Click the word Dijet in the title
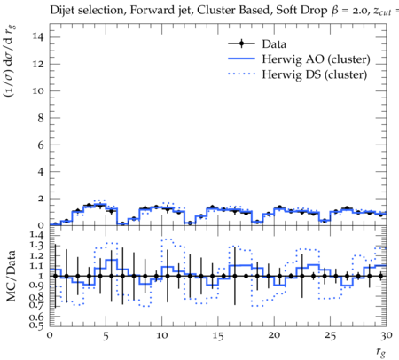pyautogui.click(x=63, y=11)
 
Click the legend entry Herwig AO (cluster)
pyautogui.click(x=316, y=59)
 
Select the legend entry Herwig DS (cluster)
pyautogui.click(x=315, y=74)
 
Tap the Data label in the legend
pyautogui.click(x=274, y=44)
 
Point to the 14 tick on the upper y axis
pyautogui.click(x=38, y=37)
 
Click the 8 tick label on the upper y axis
pyautogui.click(x=40, y=118)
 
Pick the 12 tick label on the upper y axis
pyautogui.click(x=38, y=64)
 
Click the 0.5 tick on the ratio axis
pyautogui.click(x=36, y=325)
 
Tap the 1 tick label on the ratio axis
pyautogui.click(x=42, y=276)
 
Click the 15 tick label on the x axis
pyautogui.click(x=218, y=336)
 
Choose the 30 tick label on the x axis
pyautogui.click(x=387, y=335)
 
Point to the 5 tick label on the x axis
pyautogui.click(x=106, y=336)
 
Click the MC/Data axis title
pyautogui.click(x=11, y=276)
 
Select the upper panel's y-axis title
pyautogui.click(x=11, y=61)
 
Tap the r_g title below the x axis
pyautogui.click(x=380, y=352)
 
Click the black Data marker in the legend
pyautogui.click(x=241, y=43)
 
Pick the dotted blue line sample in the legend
pyautogui.click(x=241, y=74)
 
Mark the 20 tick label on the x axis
pyautogui.click(x=274, y=335)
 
